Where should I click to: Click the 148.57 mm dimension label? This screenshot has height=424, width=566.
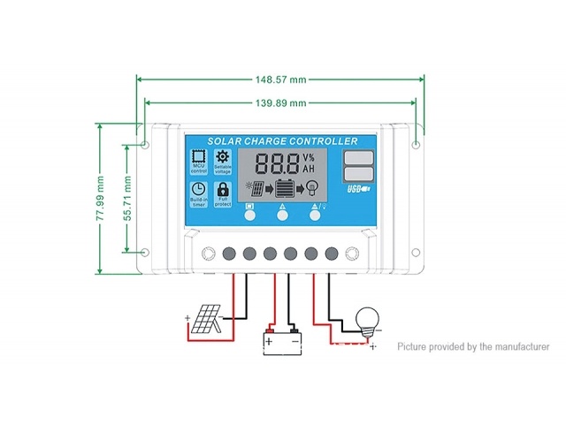click(x=280, y=79)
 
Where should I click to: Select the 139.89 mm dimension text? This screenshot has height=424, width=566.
click(x=280, y=103)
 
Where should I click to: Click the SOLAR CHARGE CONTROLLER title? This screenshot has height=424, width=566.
click(x=282, y=141)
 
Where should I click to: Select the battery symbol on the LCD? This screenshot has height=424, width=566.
click(x=285, y=188)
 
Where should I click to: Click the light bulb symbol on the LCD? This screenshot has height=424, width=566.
click(x=311, y=188)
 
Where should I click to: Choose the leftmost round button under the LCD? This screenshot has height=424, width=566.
click(x=249, y=213)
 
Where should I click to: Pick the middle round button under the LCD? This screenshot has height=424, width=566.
click(x=282, y=213)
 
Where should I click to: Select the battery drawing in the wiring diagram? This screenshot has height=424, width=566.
click(x=281, y=339)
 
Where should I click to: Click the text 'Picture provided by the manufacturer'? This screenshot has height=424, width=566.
click(x=472, y=347)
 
